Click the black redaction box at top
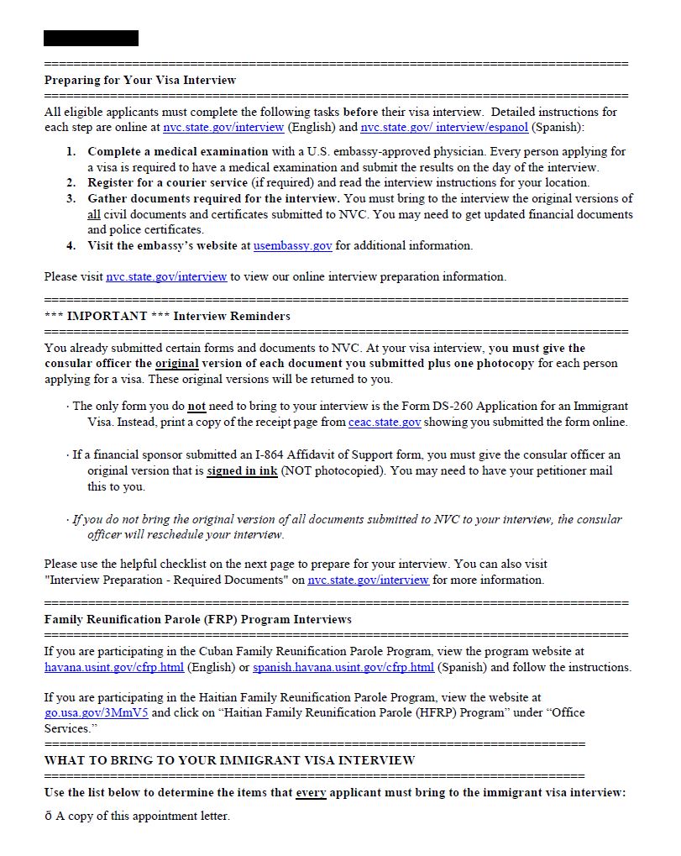tap(91, 38)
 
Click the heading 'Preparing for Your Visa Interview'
tap(140, 81)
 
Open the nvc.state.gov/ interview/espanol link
tap(444, 128)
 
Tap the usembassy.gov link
tap(292, 246)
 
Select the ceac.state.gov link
tap(385, 423)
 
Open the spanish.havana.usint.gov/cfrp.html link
tap(343, 668)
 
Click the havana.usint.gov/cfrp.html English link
tap(114, 668)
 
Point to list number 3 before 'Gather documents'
tap(71, 199)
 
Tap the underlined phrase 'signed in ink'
tap(242, 471)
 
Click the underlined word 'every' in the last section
tap(311, 793)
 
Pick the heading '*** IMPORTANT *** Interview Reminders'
tap(167, 317)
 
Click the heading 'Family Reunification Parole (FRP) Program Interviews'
tap(197, 620)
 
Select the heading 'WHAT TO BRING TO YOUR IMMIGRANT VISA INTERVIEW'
tap(229, 760)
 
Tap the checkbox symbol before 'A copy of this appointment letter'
tap(49, 817)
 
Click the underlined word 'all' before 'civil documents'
tap(94, 215)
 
